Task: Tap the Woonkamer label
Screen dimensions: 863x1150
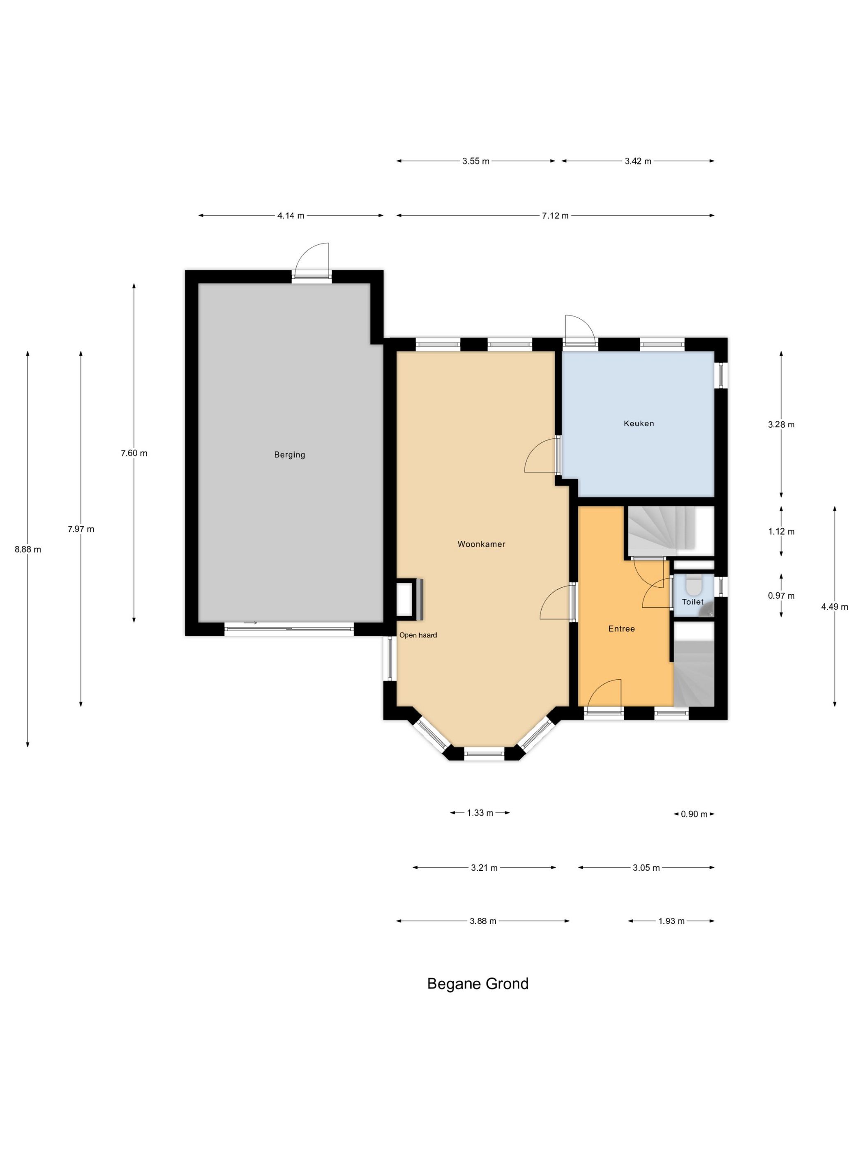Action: tap(481, 544)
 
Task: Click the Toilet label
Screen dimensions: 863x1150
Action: tap(693, 602)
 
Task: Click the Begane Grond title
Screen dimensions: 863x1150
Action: tap(478, 984)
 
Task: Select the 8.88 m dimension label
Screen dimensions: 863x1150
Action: tap(28, 549)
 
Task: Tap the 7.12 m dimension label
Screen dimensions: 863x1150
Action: tap(555, 216)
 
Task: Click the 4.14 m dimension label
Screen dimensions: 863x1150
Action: tap(291, 216)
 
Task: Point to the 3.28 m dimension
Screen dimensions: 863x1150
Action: tap(781, 424)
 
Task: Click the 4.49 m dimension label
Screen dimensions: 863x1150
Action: tap(834, 607)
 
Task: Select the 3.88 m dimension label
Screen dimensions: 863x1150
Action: tap(483, 921)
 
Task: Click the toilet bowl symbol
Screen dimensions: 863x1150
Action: tap(693, 584)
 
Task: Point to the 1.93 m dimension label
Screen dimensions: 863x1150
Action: tap(671, 921)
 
